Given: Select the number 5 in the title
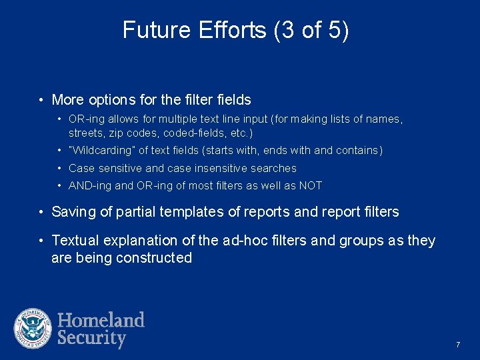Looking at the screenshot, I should [x=336, y=30].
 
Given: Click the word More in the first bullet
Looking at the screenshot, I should [x=67, y=100].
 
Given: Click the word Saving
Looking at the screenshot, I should [x=73, y=212].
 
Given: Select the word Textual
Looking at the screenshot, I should [x=75, y=240].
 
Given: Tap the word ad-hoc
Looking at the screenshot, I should [x=240, y=240].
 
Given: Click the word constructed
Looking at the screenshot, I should [x=154, y=258].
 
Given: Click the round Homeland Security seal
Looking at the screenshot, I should [x=33, y=329].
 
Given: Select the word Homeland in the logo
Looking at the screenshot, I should [x=101, y=320].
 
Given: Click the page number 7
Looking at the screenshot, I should [x=458, y=345].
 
